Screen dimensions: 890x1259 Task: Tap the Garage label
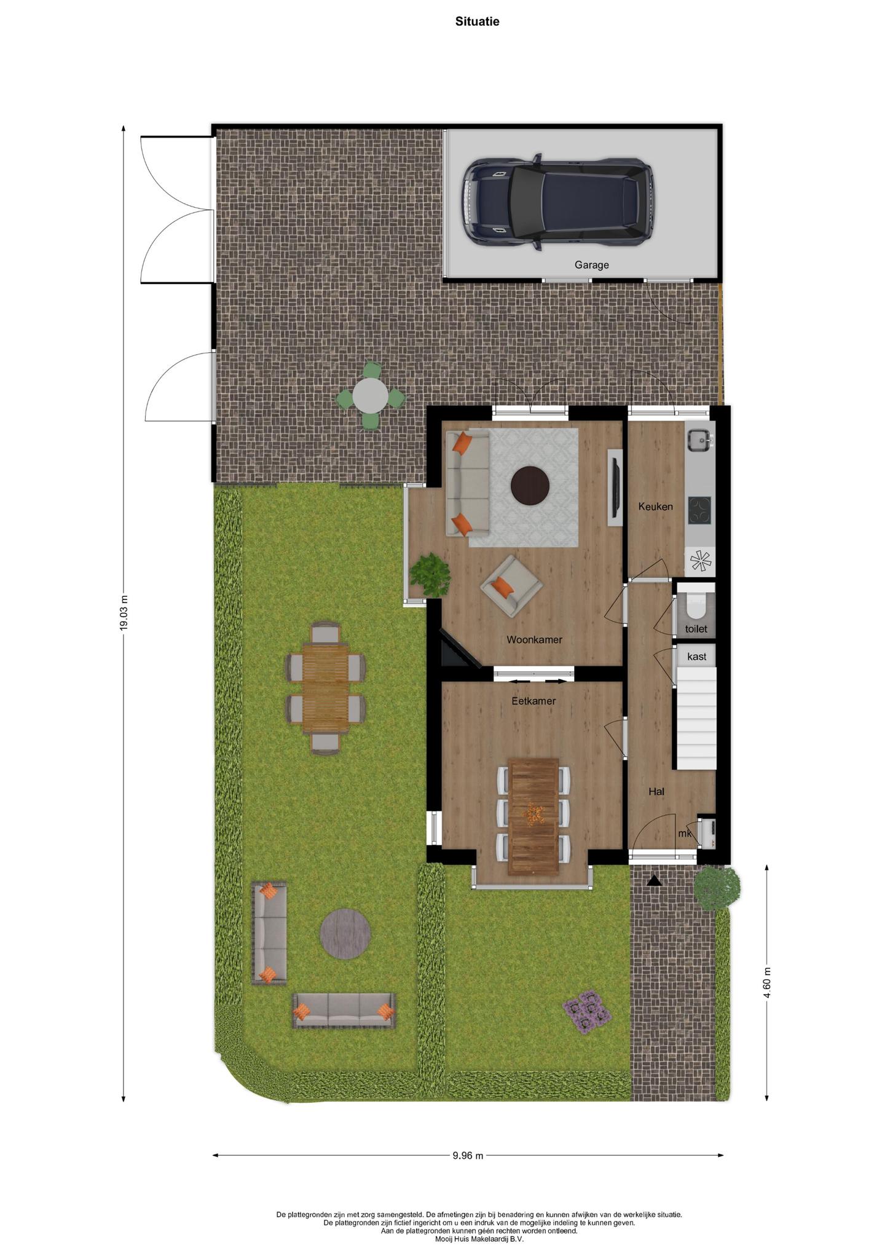[591, 265]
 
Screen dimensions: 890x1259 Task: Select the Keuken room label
[655, 507]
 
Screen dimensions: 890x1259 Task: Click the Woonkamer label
[534, 639]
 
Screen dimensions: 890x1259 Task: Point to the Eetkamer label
[534, 701]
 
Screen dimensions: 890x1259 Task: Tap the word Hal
[656, 792]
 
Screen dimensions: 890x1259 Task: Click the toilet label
[696, 629]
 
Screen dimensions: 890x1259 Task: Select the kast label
[696, 657]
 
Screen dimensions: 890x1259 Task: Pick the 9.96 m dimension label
[468, 1155]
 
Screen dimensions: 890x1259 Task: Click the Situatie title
[477, 22]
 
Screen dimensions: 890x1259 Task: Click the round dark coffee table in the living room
[530, 485]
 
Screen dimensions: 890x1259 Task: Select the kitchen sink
[699, 439]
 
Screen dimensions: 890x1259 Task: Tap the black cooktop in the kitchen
[699, 510]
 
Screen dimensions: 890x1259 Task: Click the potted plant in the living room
[430, 574]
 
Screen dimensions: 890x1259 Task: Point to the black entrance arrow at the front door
[654, 880]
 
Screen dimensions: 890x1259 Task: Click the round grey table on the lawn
[345, 934]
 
